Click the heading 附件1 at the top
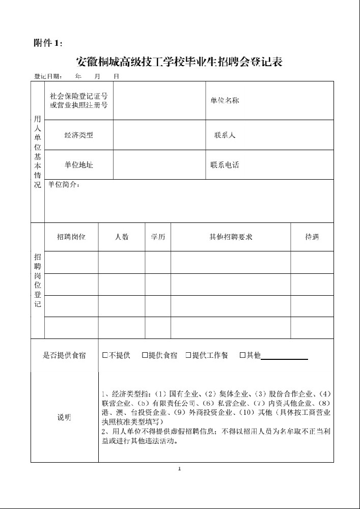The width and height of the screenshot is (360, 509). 48,43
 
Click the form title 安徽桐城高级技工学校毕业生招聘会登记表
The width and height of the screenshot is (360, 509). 179,62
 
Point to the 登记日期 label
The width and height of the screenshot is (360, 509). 48,76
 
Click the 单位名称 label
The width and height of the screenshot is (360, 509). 225,101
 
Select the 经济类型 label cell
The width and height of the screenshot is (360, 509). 79,135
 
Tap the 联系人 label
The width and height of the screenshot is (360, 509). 225,135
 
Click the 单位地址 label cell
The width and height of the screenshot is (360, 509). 79,165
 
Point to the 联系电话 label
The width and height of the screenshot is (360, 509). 225,165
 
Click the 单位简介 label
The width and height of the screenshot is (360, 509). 64,185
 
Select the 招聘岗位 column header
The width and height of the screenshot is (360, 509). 71,237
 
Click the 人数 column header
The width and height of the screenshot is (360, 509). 122,237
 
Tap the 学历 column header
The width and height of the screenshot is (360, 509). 158,237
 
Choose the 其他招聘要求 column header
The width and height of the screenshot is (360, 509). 231,237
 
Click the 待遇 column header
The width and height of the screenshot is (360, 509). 312,237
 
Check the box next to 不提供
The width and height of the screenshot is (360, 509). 105,355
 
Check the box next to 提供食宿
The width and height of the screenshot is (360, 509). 145,355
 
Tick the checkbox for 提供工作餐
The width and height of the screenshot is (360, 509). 188,355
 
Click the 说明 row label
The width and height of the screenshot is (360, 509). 64,417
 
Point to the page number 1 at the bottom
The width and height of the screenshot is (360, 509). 180,468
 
